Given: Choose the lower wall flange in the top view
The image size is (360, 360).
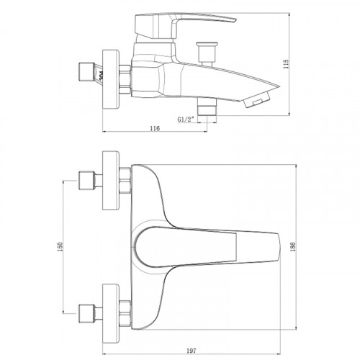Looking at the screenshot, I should click(112, 310).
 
